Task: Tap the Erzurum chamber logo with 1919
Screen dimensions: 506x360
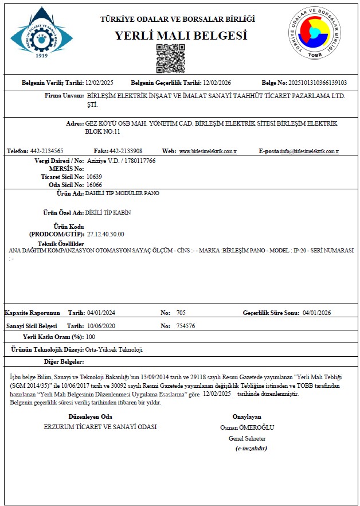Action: click(41, 33)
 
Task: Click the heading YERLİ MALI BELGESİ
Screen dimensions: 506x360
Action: click(181, 36)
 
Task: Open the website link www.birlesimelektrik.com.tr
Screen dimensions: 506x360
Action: click(208, 151)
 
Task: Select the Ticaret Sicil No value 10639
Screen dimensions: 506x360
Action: click(95, 177)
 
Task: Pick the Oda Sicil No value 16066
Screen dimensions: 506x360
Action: click(95, 185)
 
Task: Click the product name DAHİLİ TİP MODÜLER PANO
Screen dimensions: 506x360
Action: click(122, 193)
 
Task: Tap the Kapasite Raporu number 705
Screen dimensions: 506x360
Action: click(181, 313)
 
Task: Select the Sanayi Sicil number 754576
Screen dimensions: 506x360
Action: click(186, 326)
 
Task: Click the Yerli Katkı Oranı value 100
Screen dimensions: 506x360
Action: click(90, 337)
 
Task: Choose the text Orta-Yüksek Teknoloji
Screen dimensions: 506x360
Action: click(113, 349)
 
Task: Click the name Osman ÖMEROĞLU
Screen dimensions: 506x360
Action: click(247, 427)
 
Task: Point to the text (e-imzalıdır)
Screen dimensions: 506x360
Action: click(251, 448)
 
